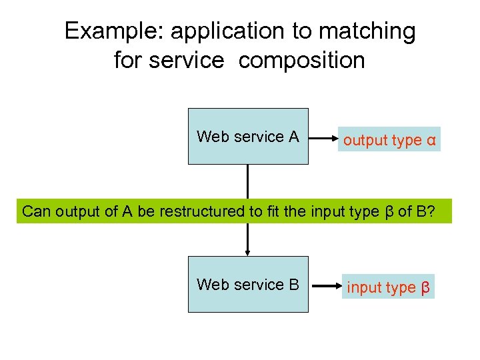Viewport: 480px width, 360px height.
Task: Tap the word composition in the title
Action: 301,61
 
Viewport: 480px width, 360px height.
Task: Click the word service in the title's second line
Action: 187,61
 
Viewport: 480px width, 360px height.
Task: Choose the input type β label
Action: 388,288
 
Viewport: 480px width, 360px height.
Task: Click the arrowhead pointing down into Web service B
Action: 248,252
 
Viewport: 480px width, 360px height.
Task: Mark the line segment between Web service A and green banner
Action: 248,181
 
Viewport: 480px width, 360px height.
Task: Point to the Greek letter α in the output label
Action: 431,141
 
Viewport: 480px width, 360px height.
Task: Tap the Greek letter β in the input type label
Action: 425,289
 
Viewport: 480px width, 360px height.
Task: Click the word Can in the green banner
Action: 36,212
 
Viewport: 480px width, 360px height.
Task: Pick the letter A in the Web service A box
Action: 293,137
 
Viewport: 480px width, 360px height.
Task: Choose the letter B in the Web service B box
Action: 293,285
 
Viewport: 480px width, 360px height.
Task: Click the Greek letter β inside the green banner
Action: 390,212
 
